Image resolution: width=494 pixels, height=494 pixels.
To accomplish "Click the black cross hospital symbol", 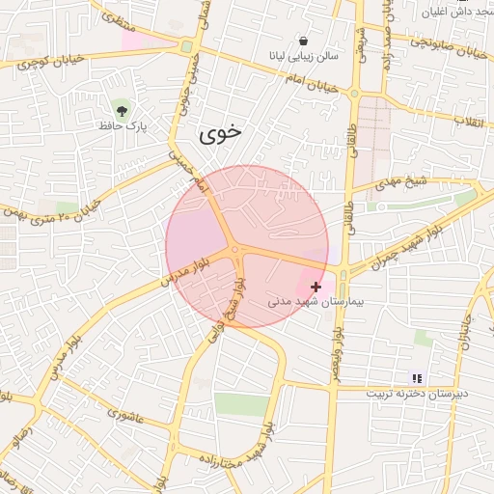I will click(316, 287).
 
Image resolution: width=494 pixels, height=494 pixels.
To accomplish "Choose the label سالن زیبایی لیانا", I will click(305, 57).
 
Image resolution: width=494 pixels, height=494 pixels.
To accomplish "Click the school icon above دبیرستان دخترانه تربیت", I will click(417, 378).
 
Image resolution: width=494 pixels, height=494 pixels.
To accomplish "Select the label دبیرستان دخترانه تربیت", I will click(417, 393).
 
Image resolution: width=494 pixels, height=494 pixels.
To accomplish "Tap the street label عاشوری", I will click(125, 416).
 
